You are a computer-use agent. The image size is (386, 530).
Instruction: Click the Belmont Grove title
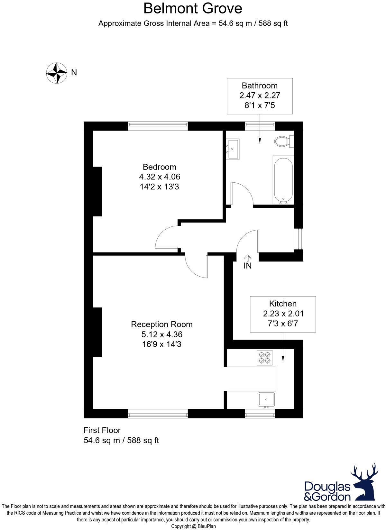(192, 8)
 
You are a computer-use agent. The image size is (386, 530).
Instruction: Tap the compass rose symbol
(56, 73)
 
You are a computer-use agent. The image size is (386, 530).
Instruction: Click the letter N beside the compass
(74, 73)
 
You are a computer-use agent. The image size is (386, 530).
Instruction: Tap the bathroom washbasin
(233, 149)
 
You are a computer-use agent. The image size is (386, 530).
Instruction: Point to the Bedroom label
(160, 167)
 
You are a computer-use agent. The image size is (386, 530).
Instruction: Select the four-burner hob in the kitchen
(265, 358)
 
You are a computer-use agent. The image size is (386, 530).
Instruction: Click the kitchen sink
(266, 399)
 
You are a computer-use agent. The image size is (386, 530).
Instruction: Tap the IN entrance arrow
(247, 258)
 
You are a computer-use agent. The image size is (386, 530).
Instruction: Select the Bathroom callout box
(260, 96)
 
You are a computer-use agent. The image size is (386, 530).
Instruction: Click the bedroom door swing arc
(166, 236)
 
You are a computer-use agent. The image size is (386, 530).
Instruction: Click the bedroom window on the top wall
(158, 126)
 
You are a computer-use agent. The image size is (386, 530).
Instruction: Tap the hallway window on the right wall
(299, 239)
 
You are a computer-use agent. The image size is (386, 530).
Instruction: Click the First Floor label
(102, 430)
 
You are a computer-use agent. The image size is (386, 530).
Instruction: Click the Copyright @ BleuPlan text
(193, 526)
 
